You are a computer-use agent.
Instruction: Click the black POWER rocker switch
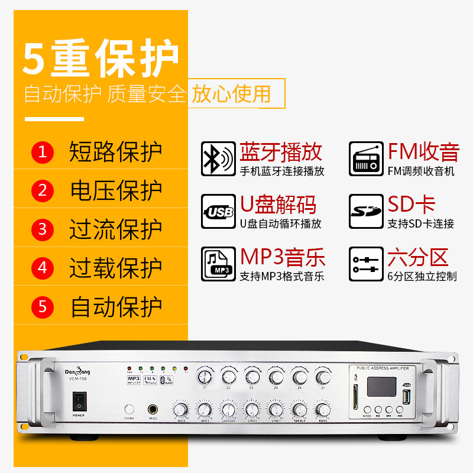pos(78,402)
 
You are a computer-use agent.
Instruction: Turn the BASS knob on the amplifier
pos(322,409)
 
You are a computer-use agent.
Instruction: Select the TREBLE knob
pos(299,409)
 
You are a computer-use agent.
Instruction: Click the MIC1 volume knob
pos(204,409)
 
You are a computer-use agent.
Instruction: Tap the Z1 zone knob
pos(205,377)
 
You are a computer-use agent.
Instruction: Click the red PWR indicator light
pos(129,368)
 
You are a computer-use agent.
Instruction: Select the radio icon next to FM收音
pos(365,158)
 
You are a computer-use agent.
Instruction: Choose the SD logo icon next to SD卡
pos(365,211)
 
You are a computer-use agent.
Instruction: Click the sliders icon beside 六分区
pos(365,264)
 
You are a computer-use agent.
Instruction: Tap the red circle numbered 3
pos(43,229)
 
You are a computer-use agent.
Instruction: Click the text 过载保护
pos(116,268)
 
